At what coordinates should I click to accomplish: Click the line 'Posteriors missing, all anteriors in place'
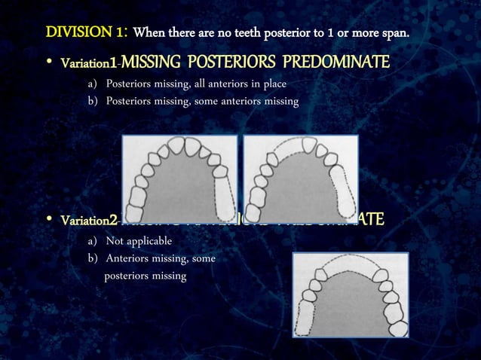(196, 83)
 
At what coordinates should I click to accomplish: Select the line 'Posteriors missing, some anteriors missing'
(202, 101)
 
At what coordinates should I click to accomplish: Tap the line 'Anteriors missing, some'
(161, 259)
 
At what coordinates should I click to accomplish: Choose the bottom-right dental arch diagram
(350, 294)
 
